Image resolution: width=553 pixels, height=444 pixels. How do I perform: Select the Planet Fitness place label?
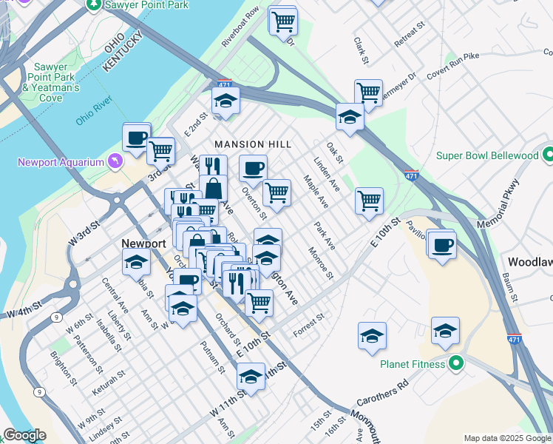(x=412, y=363)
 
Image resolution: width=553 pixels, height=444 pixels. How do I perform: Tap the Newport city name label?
(x=143, y=243)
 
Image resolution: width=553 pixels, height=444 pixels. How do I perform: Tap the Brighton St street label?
(x=64, y=369)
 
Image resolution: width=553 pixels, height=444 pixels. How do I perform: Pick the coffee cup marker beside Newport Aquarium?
(x=137, y=138)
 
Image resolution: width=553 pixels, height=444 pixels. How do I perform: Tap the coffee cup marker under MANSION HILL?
(x=253, y=168)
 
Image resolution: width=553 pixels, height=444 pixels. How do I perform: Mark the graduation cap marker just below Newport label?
(x=136, y=263)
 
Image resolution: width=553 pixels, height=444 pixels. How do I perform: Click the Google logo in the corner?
(x=24, y=435)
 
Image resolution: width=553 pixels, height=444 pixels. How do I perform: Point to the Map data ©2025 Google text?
(x=506, y=438)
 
